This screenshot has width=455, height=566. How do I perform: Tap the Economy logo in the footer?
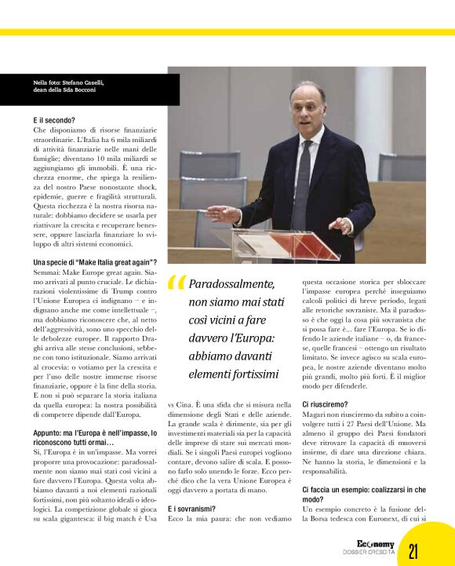[375, 544]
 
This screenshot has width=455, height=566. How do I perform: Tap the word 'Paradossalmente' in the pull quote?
[232, 283]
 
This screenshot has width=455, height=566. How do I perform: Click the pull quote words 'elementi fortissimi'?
[234, 373]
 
